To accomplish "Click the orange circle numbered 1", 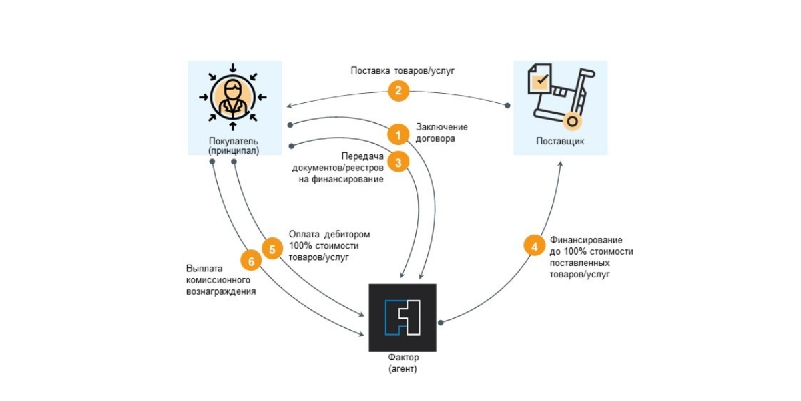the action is tap(398, 134).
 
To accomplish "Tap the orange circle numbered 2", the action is tap(398, 91).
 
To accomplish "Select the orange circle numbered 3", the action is tap(398, 162).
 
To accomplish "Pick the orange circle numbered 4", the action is tap(535, 246).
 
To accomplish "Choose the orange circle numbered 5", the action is tap(272, 249).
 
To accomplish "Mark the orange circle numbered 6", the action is tap(251, 261).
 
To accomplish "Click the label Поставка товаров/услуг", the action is tap(403, 71).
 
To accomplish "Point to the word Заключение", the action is tap(442, 127).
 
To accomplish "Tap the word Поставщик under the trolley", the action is tap(560, 141).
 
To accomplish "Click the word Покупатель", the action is tap(234, 141).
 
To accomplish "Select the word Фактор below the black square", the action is tap(403, 357).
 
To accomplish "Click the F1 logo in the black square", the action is tap(403, 317).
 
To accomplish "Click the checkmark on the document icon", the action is tap(543, 78).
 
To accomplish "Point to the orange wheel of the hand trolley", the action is tap(572, 122).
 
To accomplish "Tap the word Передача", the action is tap(362, 156).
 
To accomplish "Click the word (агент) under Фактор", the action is tap(403, 369).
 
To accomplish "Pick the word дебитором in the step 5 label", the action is tap(347, 234).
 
